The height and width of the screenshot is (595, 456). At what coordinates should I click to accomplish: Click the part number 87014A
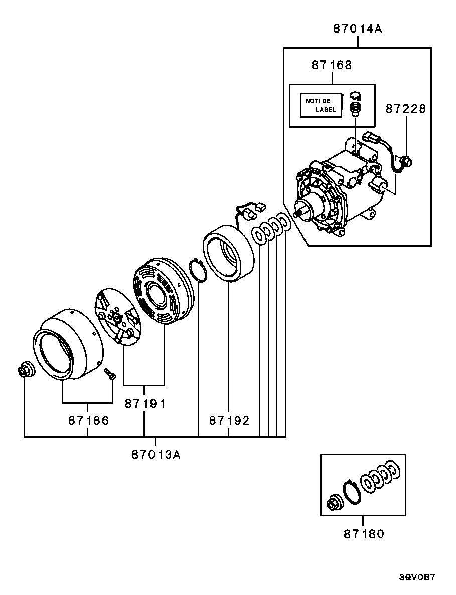click(357, 29)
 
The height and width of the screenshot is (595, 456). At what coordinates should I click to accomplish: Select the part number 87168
click(331, 65)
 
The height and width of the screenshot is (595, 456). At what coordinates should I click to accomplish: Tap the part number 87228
click(405, 109)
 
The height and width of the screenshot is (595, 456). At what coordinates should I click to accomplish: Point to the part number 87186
click(88, 420)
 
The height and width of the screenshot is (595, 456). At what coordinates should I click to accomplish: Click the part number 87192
click(229, 420)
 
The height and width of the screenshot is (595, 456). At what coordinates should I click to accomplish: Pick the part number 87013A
click(156, 455)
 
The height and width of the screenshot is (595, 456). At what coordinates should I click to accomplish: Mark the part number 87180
click(364, 534)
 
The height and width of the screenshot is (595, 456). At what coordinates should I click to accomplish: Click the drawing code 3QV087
click(417, 577)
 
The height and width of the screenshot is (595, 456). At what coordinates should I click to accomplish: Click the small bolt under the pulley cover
click(110, 374)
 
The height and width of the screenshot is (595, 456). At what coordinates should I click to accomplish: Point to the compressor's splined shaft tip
click(298, 214)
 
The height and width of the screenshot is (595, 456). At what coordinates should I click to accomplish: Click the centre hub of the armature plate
click(116, 318)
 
